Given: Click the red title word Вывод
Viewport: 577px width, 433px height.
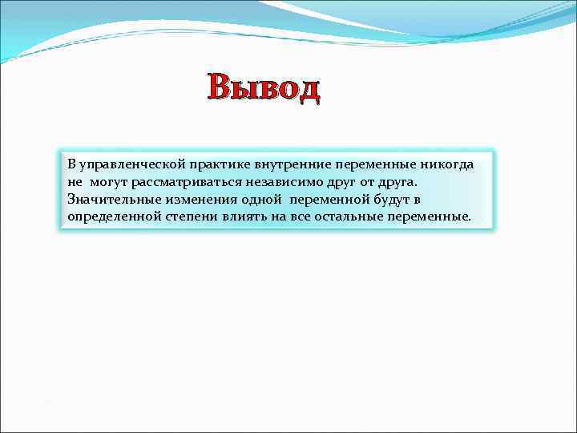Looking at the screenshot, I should coord(264,88).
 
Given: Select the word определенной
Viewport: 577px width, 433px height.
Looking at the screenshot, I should coord(109,216).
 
